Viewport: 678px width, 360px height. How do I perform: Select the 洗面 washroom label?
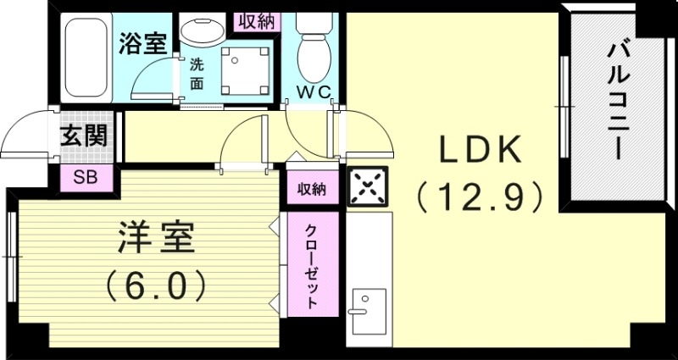[196, 73]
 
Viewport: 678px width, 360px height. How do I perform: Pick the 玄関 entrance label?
[85, 136]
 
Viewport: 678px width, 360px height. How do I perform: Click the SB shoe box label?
[85, 178]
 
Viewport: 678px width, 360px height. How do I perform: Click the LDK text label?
[479, 151]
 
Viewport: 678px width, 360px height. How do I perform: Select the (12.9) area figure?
[479, 198]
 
